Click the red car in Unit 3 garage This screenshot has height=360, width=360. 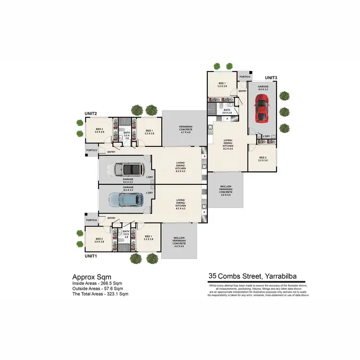click(x=261, y=108)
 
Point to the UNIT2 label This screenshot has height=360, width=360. click(x=91, y=114)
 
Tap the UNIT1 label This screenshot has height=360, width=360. click(x=91, y=256)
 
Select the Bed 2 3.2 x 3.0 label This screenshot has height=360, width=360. click(x=263, y=159)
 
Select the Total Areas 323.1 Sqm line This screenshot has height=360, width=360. click(x=100, y=293)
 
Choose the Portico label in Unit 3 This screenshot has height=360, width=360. click(x=245, y=76)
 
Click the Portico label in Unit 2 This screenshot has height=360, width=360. click(x=91, y=150)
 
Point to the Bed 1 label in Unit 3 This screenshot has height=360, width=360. click(x=222, y=85)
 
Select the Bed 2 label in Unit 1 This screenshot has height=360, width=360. click(x=99, y=240)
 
